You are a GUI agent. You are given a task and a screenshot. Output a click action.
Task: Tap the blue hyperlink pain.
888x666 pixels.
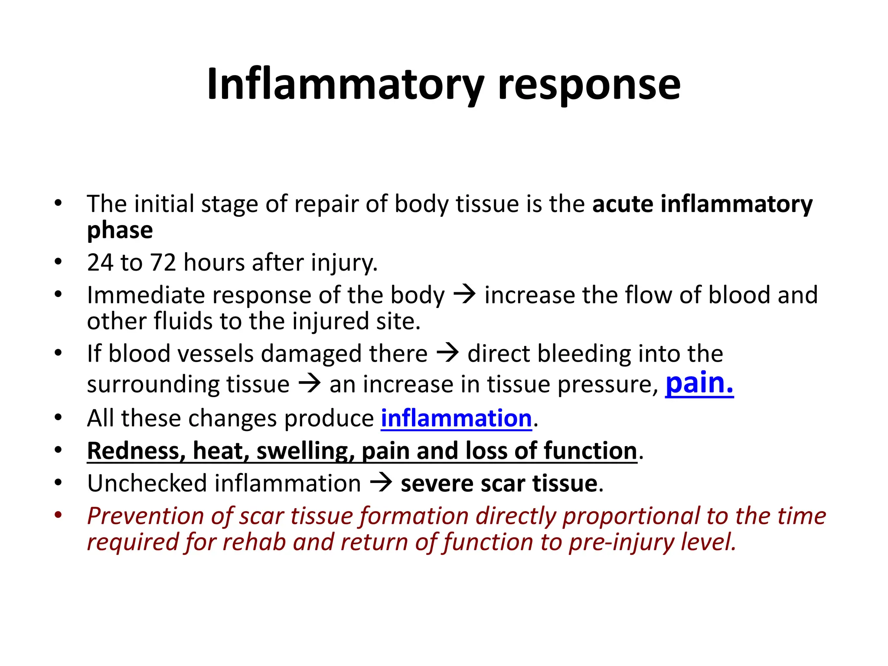pyautogui.click(x=699, y=383)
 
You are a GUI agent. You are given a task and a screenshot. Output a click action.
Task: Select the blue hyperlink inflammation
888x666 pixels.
pyautogui.click(x=456, y=418)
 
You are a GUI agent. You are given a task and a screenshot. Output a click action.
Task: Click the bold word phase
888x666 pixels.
pyautogui.click(x=120, y=230)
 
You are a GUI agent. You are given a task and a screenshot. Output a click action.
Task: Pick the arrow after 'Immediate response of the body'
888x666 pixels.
pyautogui.click(x=464, y=295)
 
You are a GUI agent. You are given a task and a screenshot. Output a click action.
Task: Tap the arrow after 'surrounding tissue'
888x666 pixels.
pyautogui.click(x=309, y=384)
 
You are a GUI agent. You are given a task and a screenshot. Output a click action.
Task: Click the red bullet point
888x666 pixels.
pyautogui.click(x=58, y=516)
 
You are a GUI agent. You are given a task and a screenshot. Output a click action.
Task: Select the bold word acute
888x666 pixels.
pyautogui.click(x=623, y=204)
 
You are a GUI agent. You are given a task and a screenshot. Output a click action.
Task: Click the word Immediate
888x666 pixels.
pyautogui.click(x=146, y=295)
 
